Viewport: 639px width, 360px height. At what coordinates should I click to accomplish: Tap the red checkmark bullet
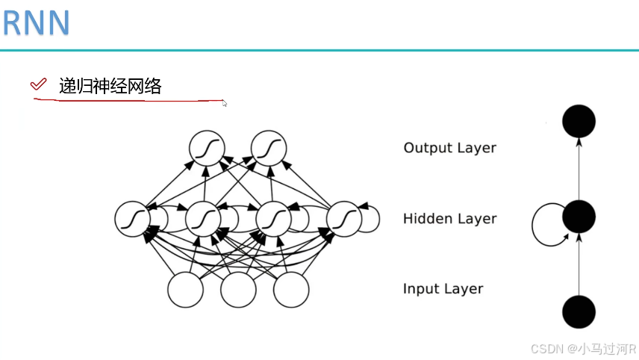point(37,84)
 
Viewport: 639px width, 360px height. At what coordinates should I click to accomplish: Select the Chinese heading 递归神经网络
point(110,86)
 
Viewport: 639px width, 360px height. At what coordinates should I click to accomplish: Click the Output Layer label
point(449,148)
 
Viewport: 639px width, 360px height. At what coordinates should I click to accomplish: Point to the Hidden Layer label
point(449,219)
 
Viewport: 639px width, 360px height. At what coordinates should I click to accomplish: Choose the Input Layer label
point(443,289)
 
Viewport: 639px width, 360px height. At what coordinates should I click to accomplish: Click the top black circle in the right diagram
point(579,121)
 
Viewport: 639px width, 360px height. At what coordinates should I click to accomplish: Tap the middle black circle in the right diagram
point(579,217)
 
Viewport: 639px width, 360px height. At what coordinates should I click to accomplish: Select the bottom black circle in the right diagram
point(579,311)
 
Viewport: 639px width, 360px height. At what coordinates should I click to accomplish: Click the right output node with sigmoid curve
point(269,148)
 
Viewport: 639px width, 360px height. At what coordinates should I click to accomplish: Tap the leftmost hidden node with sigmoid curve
point(133,218)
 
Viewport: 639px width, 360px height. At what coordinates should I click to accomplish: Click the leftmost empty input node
point(185,290)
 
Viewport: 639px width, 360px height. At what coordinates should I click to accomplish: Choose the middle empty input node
point(238,290)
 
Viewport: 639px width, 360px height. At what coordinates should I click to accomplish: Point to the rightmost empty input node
point(291,290)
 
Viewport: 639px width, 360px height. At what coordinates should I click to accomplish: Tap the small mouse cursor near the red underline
point(225,104)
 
